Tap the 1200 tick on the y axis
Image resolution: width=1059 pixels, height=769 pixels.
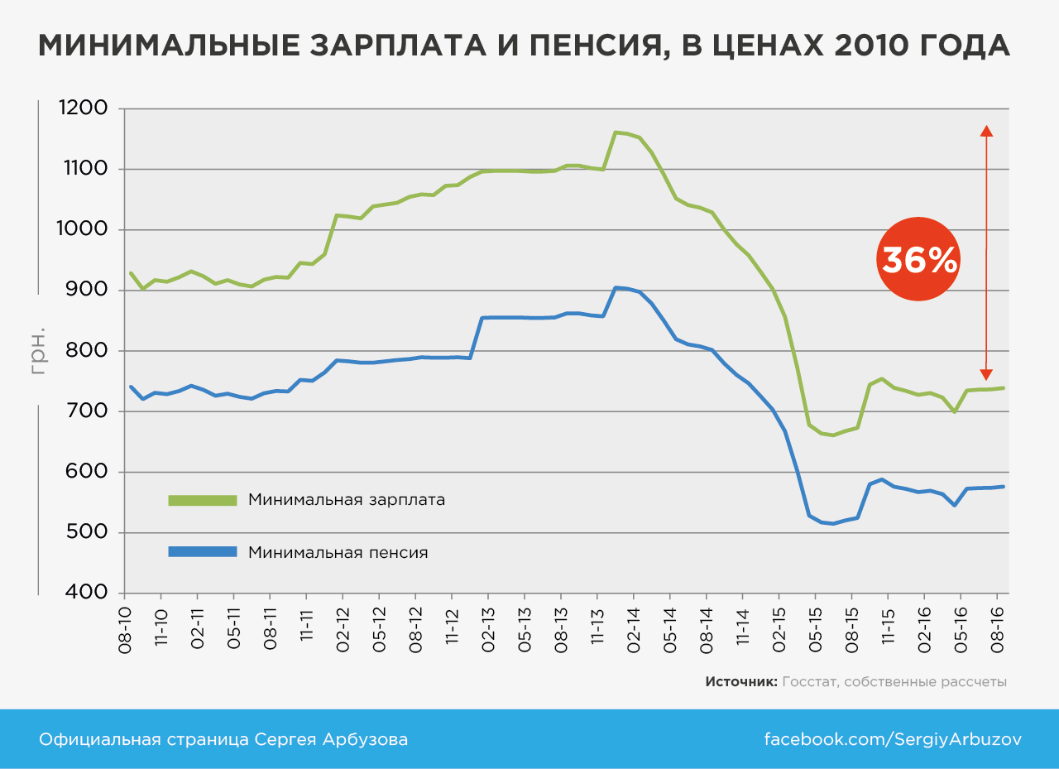click(x=84, y=108)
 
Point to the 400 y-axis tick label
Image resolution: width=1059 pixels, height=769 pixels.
click(x=86, y=593)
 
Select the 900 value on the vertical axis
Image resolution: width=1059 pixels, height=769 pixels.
click(x=86, y=290)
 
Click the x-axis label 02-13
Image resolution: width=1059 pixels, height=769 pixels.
click(x=487, y=632)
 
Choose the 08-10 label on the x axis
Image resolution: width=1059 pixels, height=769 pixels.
click(x=125, y=632)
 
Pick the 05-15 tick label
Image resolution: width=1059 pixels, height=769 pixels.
click(x=815, y=632)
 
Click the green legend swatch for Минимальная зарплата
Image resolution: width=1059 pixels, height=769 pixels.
click(x=202, y=500)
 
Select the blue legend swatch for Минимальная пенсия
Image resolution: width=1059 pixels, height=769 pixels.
click(x=202, y=551)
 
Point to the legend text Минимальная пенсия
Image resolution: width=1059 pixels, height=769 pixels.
click(x=338, y=552)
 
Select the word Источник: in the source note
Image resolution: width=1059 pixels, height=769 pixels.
click(x=741, y=682)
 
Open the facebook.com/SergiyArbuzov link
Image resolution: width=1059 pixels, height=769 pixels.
click(x=892, y=739)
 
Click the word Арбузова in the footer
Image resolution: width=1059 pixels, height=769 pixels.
click(x=371, y=739)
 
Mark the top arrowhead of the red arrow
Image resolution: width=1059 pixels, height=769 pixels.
click(x=985, y=130)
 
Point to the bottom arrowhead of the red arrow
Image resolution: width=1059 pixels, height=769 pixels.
click(x=985, y=374)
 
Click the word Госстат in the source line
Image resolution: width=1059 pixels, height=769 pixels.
click(x=807, y=682)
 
